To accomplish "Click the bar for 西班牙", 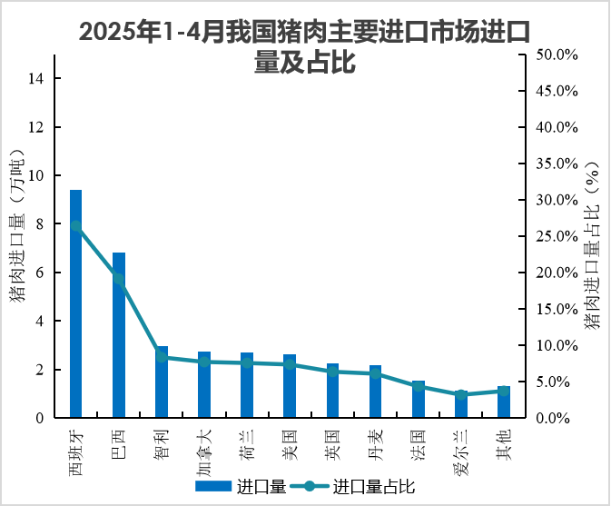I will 76,304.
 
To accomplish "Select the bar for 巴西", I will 119,335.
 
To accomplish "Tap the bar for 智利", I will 162,382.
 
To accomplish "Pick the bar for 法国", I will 418,400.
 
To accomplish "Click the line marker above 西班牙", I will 76,226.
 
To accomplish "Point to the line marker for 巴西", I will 119,279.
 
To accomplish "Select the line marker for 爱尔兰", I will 460,395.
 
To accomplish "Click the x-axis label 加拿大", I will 204,452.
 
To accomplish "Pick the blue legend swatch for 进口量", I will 214,486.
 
